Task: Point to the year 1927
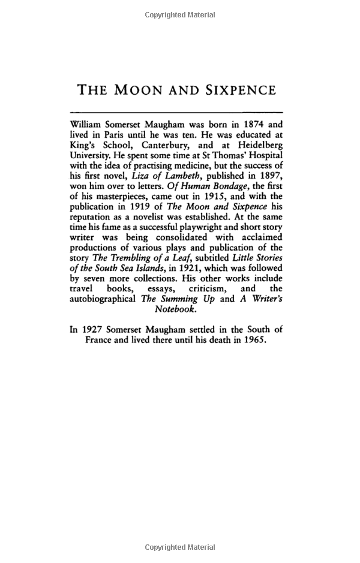[94, 329]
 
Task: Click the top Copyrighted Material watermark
[180, 15]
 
